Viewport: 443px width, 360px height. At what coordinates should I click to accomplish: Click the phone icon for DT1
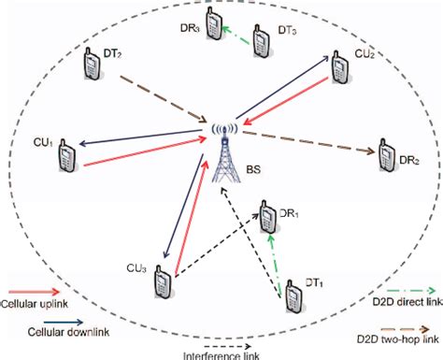pos(293,298)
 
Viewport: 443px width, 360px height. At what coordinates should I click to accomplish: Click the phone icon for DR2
pos(385,156)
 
